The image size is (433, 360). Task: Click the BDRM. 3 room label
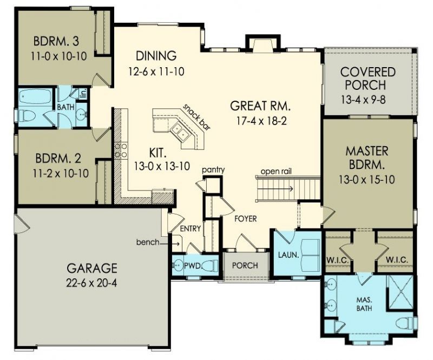(56, 42)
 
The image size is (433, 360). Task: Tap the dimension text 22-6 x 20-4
(91, 283)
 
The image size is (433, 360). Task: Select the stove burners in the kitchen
(121, 150)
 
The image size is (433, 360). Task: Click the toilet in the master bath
(405, 323)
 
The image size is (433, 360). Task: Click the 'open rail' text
(276, 172)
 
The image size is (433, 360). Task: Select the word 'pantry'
(213, 170)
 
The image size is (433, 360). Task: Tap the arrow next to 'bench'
(170, 244)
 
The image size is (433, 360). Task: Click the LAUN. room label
(288, 255)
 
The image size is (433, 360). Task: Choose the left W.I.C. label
(338, 260)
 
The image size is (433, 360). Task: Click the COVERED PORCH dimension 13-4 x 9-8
(363, 100)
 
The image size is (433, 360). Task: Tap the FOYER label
(246, 219)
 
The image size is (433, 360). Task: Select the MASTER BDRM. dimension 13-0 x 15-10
(367, 180)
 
